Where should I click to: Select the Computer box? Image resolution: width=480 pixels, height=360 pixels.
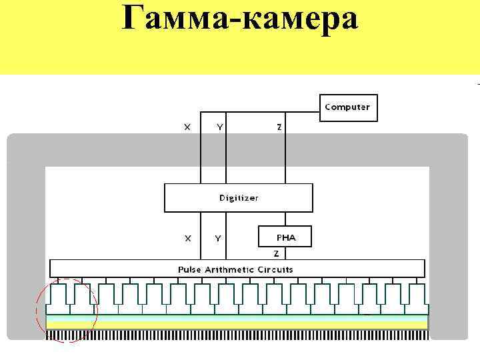[x=347, y=107]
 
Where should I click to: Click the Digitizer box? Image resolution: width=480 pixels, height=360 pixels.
[x=239, y=197]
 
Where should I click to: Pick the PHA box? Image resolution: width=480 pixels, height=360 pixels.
[x=285, y=237]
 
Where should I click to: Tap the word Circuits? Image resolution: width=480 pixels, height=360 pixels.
[x=275, y=269]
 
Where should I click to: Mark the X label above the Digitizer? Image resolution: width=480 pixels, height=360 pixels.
[x=187, y=127]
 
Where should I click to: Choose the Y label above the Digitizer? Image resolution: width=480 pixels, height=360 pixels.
[x=220, y=127]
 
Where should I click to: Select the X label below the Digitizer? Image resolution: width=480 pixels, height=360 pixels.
[x=187, y=238]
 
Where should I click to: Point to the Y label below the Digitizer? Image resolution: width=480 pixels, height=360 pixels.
[x=218, y=238]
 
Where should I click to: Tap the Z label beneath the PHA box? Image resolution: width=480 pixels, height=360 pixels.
[x=276, y=253]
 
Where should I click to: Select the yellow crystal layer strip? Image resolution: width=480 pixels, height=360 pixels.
[x=237, y=325]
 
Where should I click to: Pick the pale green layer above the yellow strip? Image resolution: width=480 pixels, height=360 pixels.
[x=237, y=318]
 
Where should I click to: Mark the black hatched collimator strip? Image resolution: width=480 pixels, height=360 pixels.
[x=237, y=335]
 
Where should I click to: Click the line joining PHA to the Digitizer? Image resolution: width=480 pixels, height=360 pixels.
[x=285, y=219]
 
